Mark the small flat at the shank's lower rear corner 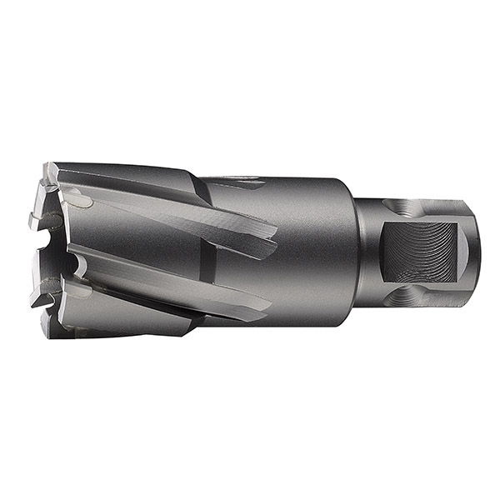[x=463, y=287]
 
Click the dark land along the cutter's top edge [x=133, y=175]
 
